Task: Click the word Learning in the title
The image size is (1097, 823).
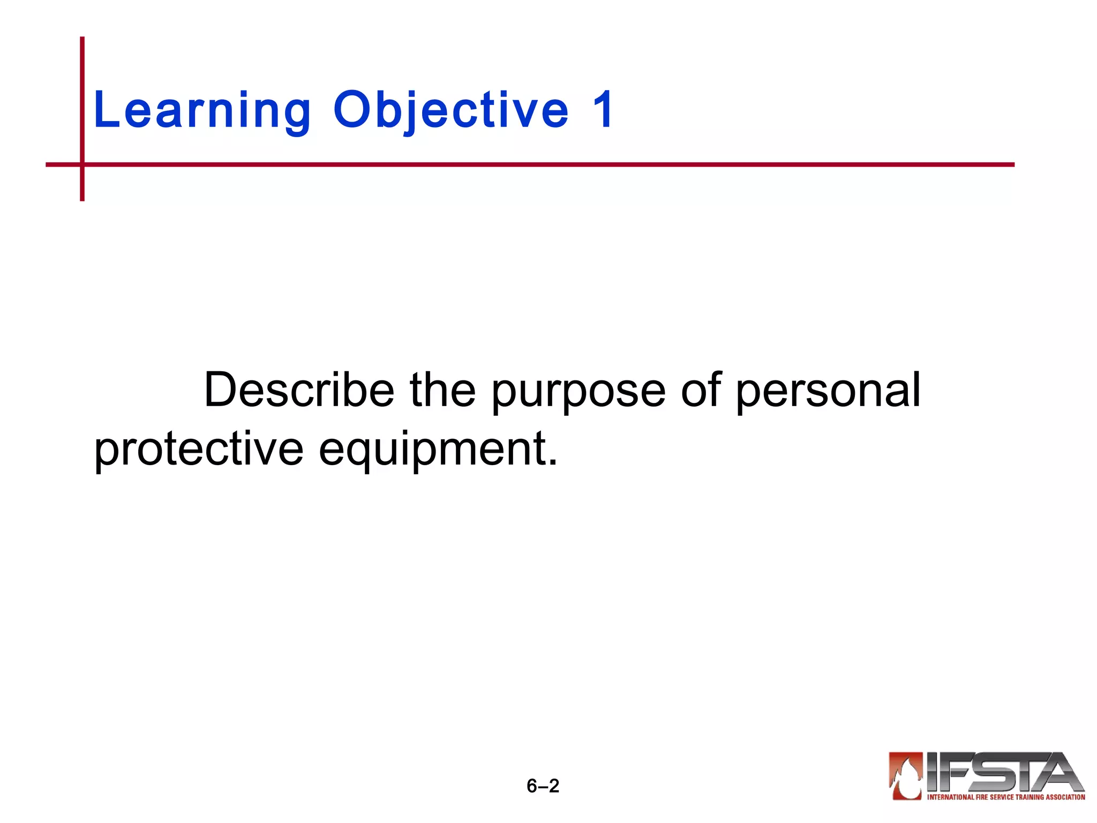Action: point(202,110)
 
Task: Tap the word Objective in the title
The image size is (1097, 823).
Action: point(450,110)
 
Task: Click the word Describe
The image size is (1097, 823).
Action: point(299,390)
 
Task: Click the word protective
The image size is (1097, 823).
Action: point(199,450)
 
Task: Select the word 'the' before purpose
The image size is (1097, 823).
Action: point(442,390)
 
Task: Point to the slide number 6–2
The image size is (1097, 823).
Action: point(543,785)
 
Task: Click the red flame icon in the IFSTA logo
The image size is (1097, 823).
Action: point(905,776)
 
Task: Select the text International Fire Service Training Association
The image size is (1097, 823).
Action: point(1005,797)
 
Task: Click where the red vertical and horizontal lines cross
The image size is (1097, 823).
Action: point(82,164)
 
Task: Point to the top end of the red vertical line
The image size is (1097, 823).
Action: point(82,39)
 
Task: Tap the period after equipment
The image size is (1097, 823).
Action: point(553,463)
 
